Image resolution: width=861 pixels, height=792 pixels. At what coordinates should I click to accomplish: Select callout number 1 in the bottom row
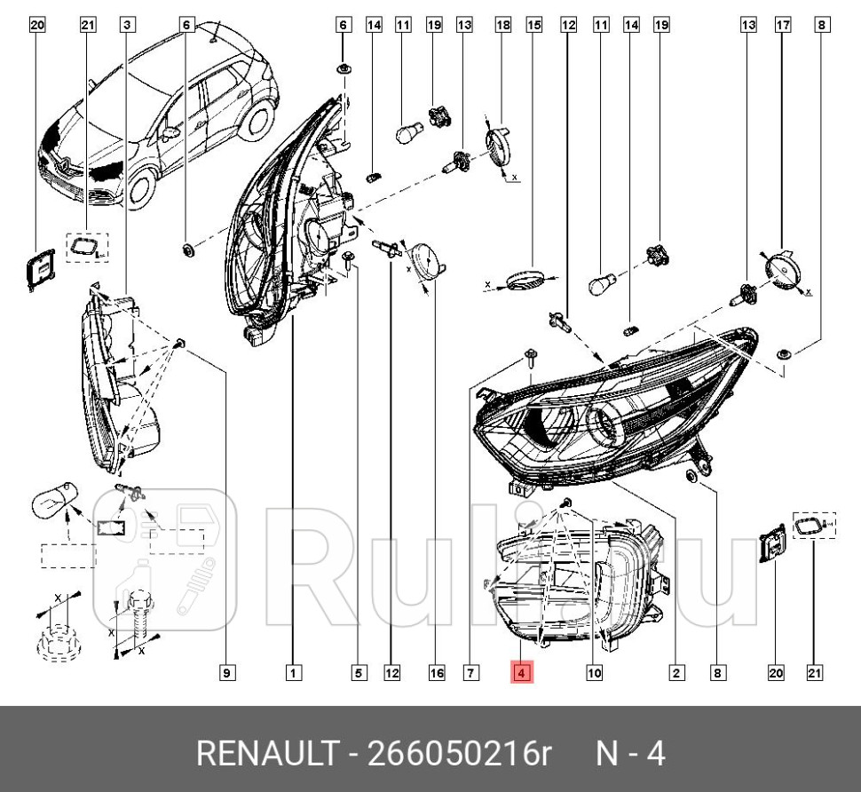pyautogui.click(x=293, y=673)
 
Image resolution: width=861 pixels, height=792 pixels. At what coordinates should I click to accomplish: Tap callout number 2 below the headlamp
pyautogui.click(x=676, y=673)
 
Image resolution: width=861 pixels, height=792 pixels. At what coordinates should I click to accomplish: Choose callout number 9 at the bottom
pyautogui.click(x=226, y=673)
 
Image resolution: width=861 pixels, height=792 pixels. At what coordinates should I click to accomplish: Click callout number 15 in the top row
pyautogui.click(x=533, y=26)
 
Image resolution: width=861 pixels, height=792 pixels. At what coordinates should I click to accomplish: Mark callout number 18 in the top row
pyautogui.click(x=502, y=26)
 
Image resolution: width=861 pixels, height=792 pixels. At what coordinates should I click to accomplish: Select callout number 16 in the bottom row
pyautogui.click(x=436, y=673)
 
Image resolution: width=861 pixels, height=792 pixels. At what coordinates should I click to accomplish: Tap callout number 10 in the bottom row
pyautogui.click(x=594, y=673)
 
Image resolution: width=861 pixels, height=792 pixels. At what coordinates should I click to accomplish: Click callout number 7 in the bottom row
pyautogui.click(x=470, y=673)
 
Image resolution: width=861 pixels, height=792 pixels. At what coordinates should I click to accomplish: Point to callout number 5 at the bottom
pyautogui.click(x=359, y=673)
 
